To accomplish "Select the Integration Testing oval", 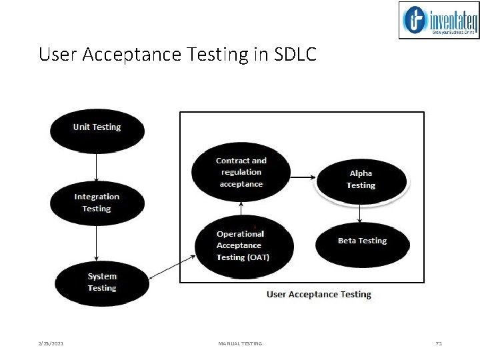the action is click(97, 203).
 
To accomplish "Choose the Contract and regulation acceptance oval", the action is click(240, 172).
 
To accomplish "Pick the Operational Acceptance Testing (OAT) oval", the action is click(242, 245).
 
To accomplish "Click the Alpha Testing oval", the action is click(361, 179).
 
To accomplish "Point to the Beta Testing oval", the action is click(362, 241).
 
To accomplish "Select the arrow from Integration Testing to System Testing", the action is click(97, 243).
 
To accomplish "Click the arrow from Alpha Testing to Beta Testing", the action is click(360, 211).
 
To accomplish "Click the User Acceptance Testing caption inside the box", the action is click(319, 294).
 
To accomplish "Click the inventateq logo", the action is click(438, 20).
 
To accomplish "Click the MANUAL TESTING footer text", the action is click(240, 343).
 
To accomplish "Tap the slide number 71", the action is click(438, 343).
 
